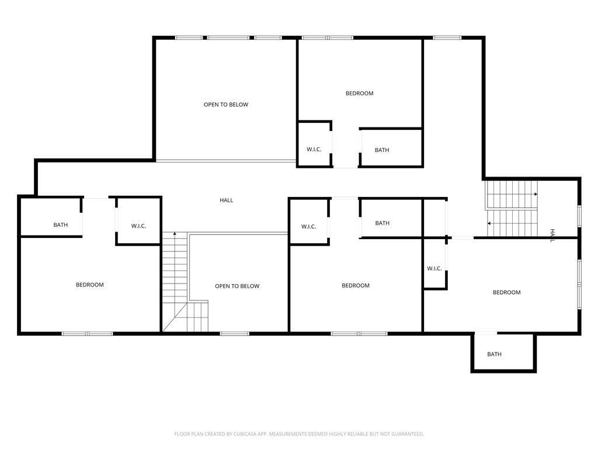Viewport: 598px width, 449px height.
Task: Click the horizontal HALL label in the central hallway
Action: coord(226,200)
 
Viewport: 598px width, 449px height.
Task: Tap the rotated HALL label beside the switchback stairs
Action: coord(552,236)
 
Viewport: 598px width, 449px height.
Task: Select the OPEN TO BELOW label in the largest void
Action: coord(226,105)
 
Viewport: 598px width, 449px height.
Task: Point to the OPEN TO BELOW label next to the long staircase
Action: coord(237,286)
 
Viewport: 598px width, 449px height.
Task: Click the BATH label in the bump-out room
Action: coord(494,354)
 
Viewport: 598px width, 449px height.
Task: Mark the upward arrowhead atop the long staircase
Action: coord(175,233)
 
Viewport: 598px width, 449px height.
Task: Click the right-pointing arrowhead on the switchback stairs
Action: coord(536,194)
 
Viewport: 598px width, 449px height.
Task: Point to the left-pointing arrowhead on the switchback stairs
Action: coord(489,223)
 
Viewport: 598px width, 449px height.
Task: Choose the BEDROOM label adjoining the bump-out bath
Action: coord(506,292)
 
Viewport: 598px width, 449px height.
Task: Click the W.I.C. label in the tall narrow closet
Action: coord(434,269)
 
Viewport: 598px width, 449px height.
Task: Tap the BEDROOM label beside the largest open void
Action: coord(359,93)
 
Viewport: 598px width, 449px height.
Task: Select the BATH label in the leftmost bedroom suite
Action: coord(61,225)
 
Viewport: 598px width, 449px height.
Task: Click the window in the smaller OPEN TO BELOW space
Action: coord(235,334)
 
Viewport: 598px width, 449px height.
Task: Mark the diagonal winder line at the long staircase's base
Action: coord(175,317)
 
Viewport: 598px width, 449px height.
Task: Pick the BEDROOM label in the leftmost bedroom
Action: coord(89,285)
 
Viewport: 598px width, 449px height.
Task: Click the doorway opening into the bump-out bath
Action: coord(485,334)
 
